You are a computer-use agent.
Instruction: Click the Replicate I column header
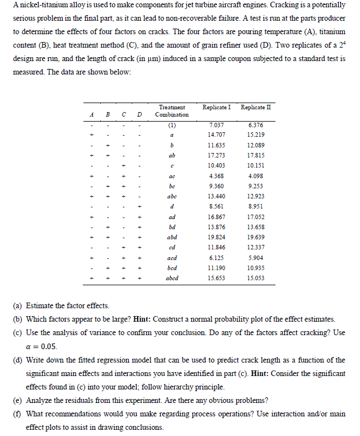[x=217, y=106]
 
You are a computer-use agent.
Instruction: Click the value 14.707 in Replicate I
[x=216, y=134]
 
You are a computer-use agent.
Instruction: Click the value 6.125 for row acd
[x=216, y=257]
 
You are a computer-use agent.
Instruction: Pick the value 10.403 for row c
[x=216, y=165]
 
